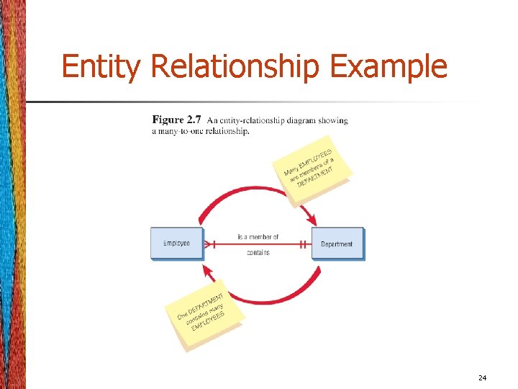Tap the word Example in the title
pos(388,67)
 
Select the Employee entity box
pos(177,243)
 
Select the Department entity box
pos(337,243)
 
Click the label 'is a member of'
pos(258,236)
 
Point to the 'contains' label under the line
pos(258,253)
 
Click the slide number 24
pos(481,377)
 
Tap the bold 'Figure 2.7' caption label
pos(177,120)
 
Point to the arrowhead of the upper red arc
pos(312,218)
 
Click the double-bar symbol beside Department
pos(304,244)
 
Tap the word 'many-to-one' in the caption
pos(176,130)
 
